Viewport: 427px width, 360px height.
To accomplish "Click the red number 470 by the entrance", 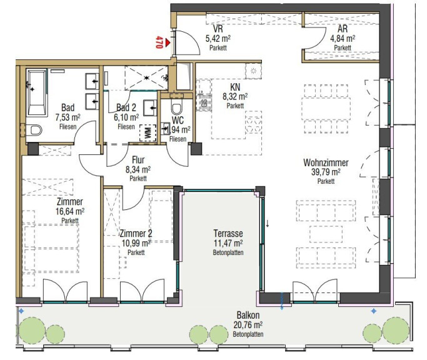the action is pos(159,42).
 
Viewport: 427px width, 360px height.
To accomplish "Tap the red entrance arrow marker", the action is pos(167,42).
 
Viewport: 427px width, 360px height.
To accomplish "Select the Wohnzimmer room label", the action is pos(326,162).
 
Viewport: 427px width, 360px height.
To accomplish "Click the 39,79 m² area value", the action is pos(326,172).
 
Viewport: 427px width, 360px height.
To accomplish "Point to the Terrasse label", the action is pos(228,233).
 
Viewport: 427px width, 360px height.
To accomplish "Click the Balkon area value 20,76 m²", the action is pos(248,325).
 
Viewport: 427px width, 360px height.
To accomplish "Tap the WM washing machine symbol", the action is pos(148,132).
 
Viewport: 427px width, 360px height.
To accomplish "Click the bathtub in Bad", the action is pos(37,92).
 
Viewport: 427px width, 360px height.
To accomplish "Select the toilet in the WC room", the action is pos(176,107).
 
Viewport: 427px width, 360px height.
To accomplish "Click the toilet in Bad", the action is pos(34,129).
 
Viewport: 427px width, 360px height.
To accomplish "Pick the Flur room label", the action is pos(138,159).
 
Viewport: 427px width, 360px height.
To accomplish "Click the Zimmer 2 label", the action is pos(136,233).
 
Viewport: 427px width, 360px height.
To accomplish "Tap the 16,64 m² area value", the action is pos(70,211).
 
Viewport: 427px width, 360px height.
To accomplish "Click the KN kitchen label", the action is pos(235,87).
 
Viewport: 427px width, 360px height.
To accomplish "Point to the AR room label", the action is pos(343,29).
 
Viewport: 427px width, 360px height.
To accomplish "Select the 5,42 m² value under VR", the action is pos(218,38).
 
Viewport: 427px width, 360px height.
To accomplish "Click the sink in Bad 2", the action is pos(150,108).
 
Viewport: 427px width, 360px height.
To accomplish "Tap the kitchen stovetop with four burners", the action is pos(253,122).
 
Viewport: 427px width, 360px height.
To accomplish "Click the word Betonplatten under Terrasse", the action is pos(228,252).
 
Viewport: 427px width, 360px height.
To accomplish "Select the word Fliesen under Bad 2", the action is pos(126,127).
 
